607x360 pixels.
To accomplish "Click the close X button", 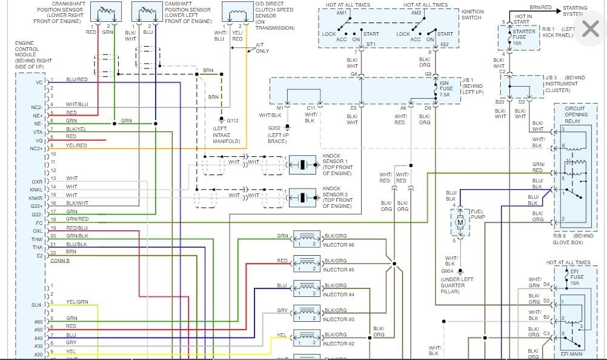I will tap(590, 28).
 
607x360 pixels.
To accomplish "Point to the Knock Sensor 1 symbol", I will tap(300, 164).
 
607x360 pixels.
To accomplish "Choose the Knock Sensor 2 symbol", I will tap(300, 197).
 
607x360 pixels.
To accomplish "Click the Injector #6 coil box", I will tap(306, 239).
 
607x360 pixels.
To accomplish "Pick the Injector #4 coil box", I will tap(306, 289).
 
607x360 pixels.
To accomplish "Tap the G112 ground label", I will tap(233, 120).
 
